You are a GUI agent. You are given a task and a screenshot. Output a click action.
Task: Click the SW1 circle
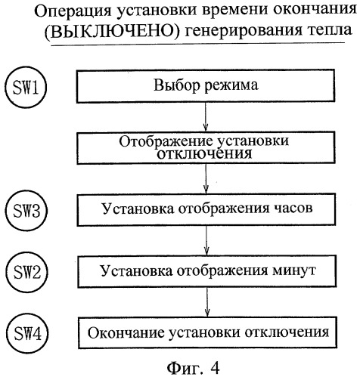click(26, 85)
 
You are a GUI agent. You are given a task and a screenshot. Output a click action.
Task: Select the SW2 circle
click(26, 269)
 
